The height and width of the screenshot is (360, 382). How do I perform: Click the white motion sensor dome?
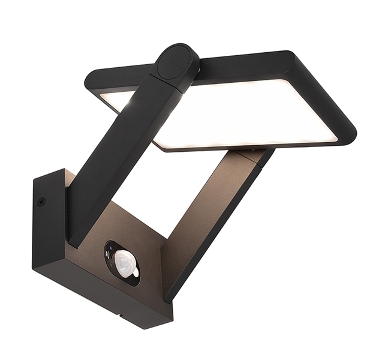127,263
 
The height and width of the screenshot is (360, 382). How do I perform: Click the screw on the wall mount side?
41,202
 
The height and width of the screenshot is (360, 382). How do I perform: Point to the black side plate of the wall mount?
45,228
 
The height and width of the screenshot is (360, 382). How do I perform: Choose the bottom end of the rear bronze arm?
171,291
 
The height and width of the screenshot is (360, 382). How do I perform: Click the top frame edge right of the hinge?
246,60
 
